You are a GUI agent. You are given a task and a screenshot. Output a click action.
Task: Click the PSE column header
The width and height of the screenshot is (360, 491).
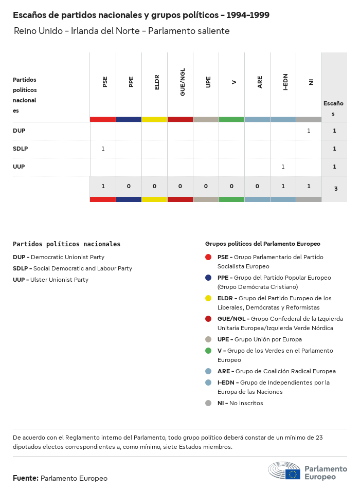(105, 81)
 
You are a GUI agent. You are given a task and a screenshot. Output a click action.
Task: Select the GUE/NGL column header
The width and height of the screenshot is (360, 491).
(183, 82)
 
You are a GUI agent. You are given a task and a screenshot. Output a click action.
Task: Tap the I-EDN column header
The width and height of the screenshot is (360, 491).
(285, 81)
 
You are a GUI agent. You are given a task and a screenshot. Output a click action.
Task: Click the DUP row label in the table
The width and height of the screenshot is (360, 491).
(19, 131)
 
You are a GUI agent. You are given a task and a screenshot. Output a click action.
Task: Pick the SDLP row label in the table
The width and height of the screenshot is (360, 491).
(20, 149)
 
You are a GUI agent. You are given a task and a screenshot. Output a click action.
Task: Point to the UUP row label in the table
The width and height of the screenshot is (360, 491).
(19, 167)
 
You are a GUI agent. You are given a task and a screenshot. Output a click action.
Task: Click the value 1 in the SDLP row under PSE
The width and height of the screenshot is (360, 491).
(103, 149)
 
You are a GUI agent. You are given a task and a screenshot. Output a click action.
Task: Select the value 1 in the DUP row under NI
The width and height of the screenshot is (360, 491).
(309, 131)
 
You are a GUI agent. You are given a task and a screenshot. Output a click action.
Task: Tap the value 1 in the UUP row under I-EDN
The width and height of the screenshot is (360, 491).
(283, 167)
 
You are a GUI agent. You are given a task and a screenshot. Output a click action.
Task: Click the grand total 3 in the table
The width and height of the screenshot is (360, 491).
(336, 189)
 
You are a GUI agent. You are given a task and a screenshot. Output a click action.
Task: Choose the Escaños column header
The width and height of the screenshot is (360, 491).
(333, 108)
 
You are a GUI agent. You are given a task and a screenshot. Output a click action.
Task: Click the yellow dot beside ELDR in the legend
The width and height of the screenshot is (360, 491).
(208, 298)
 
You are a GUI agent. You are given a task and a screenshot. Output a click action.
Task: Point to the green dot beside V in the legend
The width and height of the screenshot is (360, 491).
(208, 351)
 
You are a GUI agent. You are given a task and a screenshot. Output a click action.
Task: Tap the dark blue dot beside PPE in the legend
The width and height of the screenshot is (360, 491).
(208, 278)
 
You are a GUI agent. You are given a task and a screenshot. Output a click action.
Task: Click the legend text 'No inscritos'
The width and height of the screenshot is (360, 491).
(246, 403)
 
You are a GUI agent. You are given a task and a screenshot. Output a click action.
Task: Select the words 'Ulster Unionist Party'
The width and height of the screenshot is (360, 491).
(59, 280)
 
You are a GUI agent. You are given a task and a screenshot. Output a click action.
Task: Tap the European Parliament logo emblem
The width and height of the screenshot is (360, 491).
(284, 471)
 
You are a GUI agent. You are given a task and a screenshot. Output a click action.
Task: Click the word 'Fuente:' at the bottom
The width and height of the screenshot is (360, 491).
(26, 478)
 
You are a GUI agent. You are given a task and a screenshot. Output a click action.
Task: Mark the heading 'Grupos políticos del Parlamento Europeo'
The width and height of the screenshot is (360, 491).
(262, 244)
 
